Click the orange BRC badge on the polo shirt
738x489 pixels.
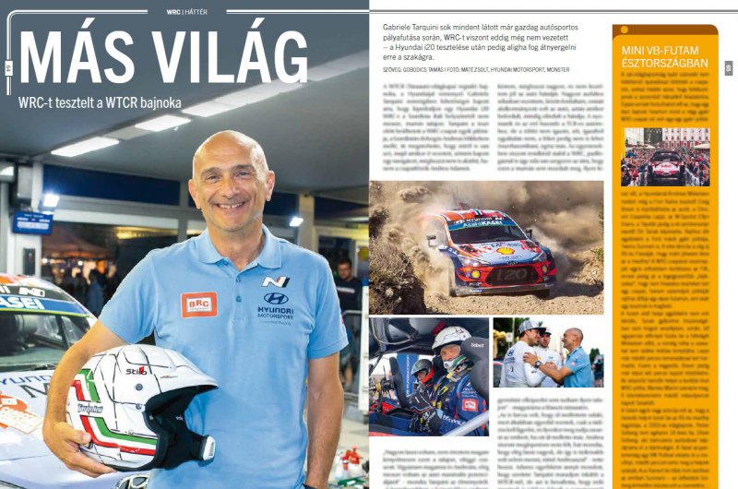pyautogui.click(x=198, y=304)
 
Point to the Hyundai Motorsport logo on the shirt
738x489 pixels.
pyautogui.click(x=276, y=304)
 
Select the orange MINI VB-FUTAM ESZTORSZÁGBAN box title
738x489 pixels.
pyautogui.click(x=665, y=56)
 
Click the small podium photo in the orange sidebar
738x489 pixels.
pyautogui.click(x=665, y=158)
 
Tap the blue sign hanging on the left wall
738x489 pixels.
pyautogui.click(x=32, y=221)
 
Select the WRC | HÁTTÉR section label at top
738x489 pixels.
pyautogui.click(x=184, y=12)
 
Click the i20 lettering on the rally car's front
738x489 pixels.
pyautogui.click(x=498, y=273)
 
